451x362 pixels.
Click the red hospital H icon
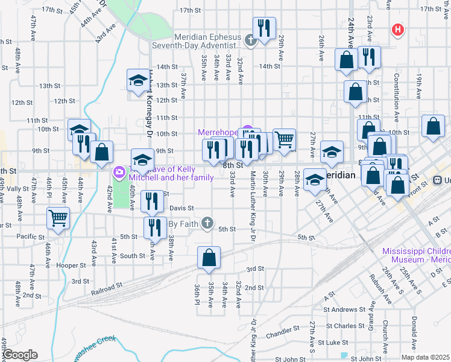(x=397, y=29)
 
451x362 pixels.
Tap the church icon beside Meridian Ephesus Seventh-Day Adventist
(x=251, y=41)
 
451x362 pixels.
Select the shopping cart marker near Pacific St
(x=58, y=218)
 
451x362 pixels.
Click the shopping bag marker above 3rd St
(x=208, y=257)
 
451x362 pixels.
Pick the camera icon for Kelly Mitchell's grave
(x=118, y=173)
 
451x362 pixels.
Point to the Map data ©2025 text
(x=426, y=357)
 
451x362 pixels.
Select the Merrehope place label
(x=218, y=132)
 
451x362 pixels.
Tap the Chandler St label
(x=279, y=332)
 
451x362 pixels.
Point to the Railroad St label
(x=106, y=290)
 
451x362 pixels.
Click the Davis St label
(x=181, y=208)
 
